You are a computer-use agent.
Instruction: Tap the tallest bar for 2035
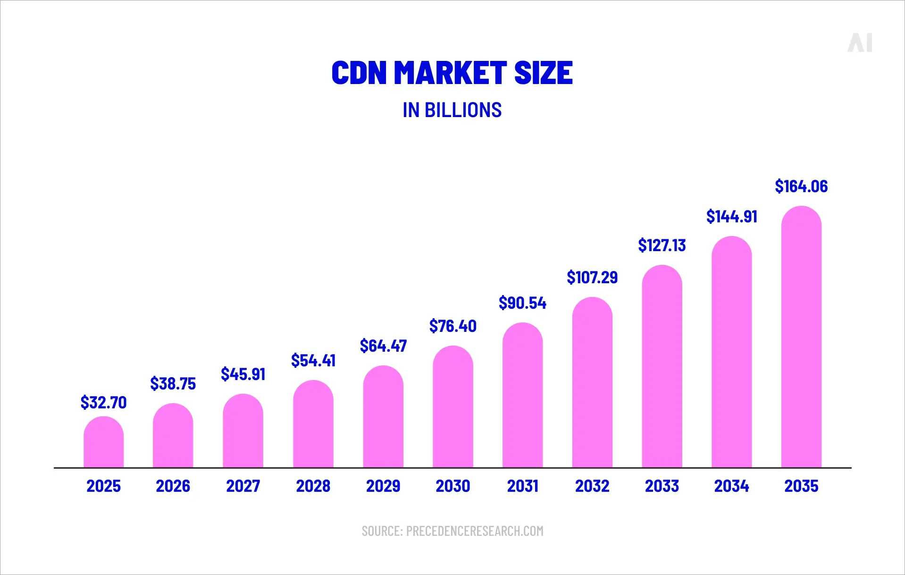tap(801, 338)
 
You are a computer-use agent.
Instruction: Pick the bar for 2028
tap(313, 424)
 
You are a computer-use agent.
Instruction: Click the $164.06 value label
tap(801, 186)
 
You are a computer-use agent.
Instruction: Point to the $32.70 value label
tap(103, 403)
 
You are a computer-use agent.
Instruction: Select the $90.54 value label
tap(522, 303)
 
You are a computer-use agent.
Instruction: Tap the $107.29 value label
tap(592, 278)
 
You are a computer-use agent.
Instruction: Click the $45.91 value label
tap(243, 374)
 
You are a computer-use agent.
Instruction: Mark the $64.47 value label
tap(383, 346)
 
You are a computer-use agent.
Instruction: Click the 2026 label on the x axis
tap(173, 486)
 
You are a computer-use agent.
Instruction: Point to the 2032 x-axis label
tap(592, 486)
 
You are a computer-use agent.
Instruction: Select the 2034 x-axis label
tap(731, 486)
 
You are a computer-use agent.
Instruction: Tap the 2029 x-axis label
tap(383, 486)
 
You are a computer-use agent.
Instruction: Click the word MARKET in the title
tap(450, 73)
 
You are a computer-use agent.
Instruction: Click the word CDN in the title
tap(359, 73)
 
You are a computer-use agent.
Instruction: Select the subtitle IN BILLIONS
tap(452, 110)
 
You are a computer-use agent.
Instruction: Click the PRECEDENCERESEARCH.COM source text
tap(474, 531)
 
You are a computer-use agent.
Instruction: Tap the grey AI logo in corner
tap(860, 42)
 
